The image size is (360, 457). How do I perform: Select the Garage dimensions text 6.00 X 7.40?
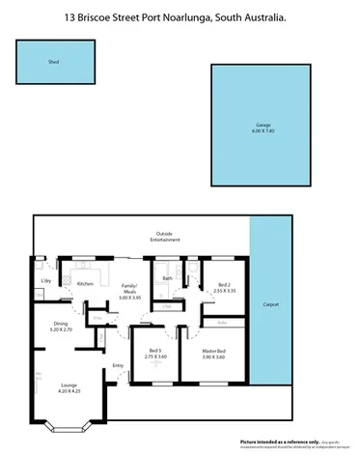point(261,131)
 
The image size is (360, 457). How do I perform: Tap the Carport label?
point(270,305)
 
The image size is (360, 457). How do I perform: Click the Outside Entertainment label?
point(165,238)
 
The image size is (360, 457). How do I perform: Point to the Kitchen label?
point(84,283)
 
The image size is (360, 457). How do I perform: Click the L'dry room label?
point(44,281)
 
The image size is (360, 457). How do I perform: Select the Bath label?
point(168,279)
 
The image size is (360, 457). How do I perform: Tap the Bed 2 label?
point(224,284)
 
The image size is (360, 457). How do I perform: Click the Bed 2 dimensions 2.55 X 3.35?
point(224,290)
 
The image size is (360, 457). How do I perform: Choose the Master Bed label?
point(214,351)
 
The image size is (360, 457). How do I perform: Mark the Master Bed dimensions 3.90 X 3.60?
point(214,357)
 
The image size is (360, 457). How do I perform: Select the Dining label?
point(61,323)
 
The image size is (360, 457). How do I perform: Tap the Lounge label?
point(69,384)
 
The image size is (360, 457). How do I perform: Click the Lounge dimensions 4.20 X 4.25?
point(69,390)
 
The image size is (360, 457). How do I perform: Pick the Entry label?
point(118,365)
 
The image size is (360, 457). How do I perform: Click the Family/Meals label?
point(129,289)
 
